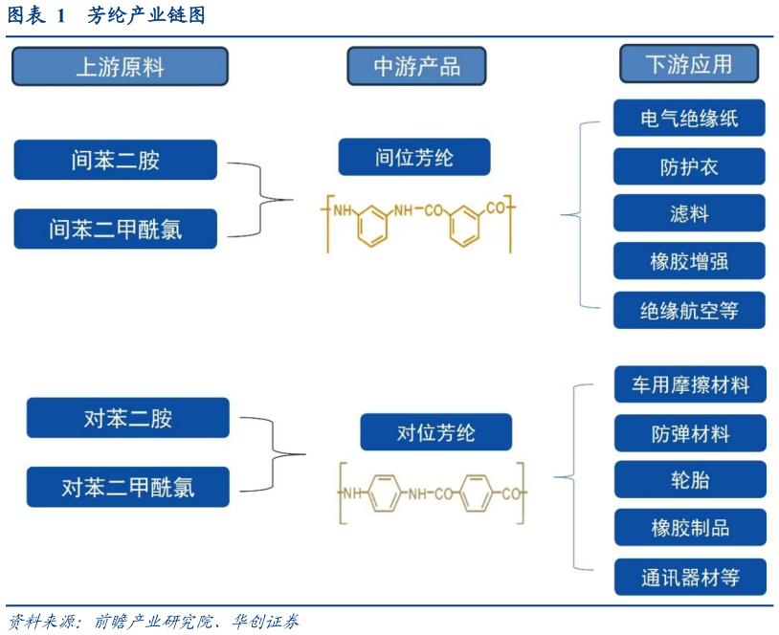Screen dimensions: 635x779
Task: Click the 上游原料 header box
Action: click(x=120, y=67)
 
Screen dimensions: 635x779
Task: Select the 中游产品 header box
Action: click(x=416, y=66)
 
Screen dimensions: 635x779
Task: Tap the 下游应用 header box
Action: click(x=689, y=64)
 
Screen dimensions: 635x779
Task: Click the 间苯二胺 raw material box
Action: click(x=116, y=160)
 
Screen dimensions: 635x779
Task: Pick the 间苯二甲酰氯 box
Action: click(x=116, y=230)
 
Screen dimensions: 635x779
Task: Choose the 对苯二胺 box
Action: click(x=128, y=418)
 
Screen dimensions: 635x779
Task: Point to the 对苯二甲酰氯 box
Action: click(x=128, y=487)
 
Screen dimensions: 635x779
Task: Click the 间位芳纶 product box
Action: click(x=414, y=157)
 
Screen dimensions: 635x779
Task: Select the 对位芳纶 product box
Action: click(x=436, y=432)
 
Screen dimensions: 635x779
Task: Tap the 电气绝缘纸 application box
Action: click(x=689, y=118)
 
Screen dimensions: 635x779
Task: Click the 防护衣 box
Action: click(x=689, y=166)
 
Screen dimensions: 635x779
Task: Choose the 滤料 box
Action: click(x=689, y=213)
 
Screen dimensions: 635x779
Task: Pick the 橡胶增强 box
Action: click(x=689, y=261)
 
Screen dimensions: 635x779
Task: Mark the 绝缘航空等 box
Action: click(x=689, y=310)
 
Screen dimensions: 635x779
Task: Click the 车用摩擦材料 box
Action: click(x=689, y=385)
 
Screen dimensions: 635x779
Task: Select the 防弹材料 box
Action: click(x=689, y=433)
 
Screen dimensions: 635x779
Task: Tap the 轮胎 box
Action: click(x=689, y=479)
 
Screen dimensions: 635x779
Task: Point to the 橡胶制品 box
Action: click(x=689, y=528)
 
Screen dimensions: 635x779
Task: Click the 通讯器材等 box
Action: click(x=689, y=578)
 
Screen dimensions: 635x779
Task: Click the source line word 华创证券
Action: click(x=265, y=623)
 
